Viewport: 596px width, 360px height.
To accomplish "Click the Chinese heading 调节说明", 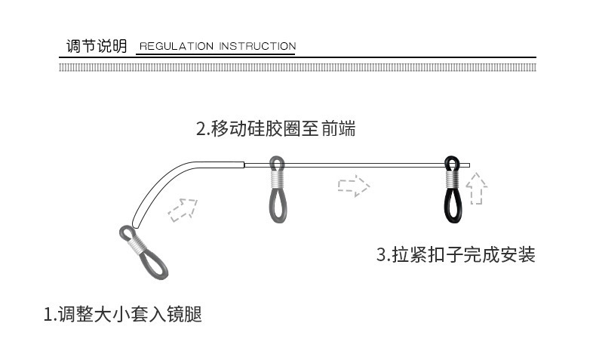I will pyautogui.click(x=97, y=46).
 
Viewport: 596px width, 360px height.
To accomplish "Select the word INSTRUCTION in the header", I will pyautogui.click(x=257, y=47).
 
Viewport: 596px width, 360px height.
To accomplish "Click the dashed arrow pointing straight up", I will pyautogui.click(x=477, y=189).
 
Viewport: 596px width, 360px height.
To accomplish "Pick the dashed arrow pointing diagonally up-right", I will pyautogui.click(x=183, y=209).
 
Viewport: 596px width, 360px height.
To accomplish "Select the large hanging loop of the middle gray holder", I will pyautogui.click(x=276, y=205).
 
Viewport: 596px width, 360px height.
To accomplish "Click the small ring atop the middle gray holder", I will pyautogui.click(x=276, y=164).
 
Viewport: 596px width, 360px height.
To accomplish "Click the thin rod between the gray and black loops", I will pyautogui.click(x=362, y=164).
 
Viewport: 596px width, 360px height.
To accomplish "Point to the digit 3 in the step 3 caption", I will pyautogui.click(x=381, y=255).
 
